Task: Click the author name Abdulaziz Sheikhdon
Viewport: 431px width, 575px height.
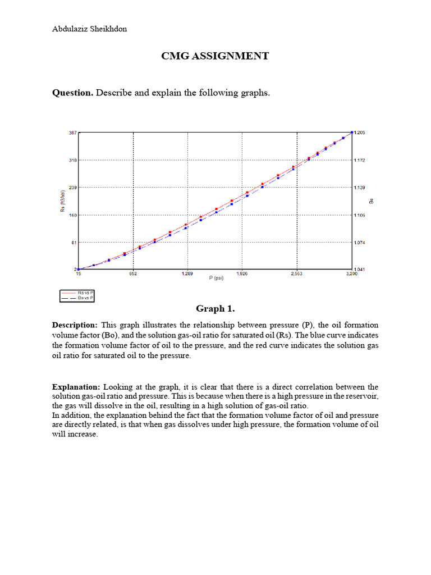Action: tap(89, 29)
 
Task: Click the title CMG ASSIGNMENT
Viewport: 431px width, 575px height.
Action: tap(215, 56)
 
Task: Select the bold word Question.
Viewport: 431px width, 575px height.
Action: tap(72, 93)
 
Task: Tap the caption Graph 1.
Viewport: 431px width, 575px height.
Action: tap(215, 309)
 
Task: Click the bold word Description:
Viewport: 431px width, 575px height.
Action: tap(75, 326)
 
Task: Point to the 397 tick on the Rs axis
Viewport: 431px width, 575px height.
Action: tap(73, 133)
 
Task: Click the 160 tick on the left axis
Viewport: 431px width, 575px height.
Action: tap(73, 215)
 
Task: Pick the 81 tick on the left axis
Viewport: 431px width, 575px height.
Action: tap(74, 243)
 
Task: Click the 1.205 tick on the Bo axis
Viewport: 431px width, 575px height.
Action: tap(360, 133)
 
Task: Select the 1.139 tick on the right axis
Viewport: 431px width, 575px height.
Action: tap(360, 188)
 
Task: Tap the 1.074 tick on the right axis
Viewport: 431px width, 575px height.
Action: tap(360, 243)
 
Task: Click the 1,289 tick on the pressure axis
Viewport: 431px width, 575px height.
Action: tap(187, 274)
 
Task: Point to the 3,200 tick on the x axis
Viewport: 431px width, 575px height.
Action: tap(351, 274)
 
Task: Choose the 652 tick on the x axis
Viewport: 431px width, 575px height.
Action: tap(133, 274)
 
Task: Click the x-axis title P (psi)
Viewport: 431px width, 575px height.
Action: tap(215, 279)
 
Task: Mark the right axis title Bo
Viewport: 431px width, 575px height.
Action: tap(371, 200)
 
